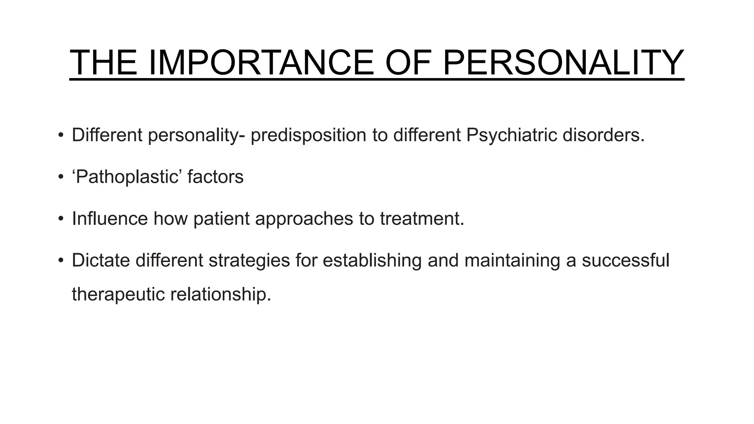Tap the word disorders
point(603,135)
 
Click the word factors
point(215,177)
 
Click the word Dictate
point(101,260)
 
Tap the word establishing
point(372,260)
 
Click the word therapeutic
point(118,294)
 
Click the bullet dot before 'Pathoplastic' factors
point(61,177)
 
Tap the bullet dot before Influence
point(61,219)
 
